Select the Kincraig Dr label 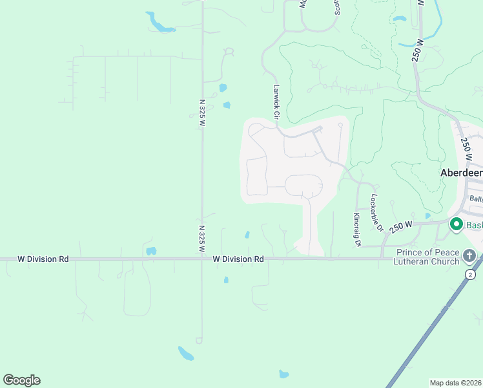(x=356, y=230)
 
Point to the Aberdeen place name (x=461, y=173)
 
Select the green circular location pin (x=457, y=224)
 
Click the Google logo (x=21, y=380)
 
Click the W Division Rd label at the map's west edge (x=43, y=259)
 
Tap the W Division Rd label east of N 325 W (x=238, y=259)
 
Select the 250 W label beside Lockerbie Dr (x=400, y=226)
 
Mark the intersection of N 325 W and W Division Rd (x=201, y=259)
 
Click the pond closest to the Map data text (x=283, y=374)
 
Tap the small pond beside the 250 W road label (x=427, y=216)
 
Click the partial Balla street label (x=476, y=199)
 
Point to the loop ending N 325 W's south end (x=199, y=340)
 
